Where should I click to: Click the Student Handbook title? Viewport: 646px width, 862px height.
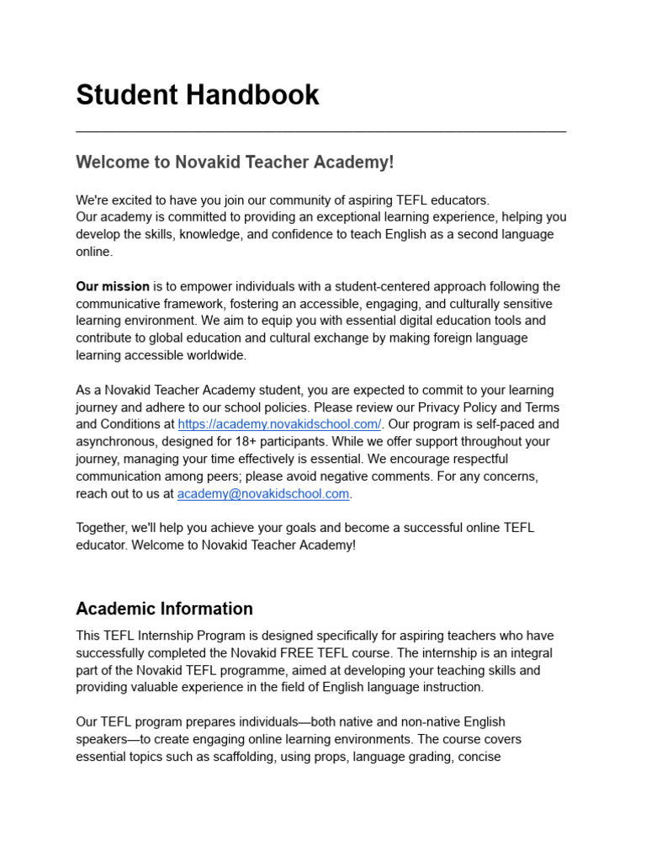pyautogui.click(x=198, y=95)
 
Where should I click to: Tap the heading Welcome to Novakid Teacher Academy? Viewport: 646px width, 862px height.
pyautogui.click(x=235, y=162)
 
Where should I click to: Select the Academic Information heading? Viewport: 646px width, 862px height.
pyautogui.click(x=164, y=609)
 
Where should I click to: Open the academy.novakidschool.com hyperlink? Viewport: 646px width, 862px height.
pyautogui.click(x=279, y=425)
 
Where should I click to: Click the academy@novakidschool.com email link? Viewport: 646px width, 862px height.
pyautogui.click(x=262, y=494)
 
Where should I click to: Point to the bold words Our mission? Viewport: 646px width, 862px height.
pyautogui.click(x=113, y=286)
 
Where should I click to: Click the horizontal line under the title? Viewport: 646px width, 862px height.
pyautogui.click(x=320, y=131)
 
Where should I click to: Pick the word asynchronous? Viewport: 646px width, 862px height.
pyautogui.click(x=116, y=442)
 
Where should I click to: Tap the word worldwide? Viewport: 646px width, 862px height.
pyautogui.click(x=218, y=355)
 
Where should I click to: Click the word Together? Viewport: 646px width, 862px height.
pyautogui.click(x=102, y=528)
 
